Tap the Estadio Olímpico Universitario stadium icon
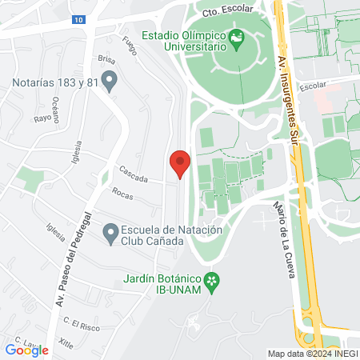tap(236, 38)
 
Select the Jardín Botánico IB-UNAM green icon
tap(212, 280)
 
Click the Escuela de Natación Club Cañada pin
tap(111, 233)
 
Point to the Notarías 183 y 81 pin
tap(111, 81)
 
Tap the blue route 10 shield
tap(76, 20)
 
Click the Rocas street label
tap(122, 193)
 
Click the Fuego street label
tap(130, 38)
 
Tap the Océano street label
tap(55, 106)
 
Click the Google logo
tap(26, 350)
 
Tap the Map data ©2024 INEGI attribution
tap(311, 354)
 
